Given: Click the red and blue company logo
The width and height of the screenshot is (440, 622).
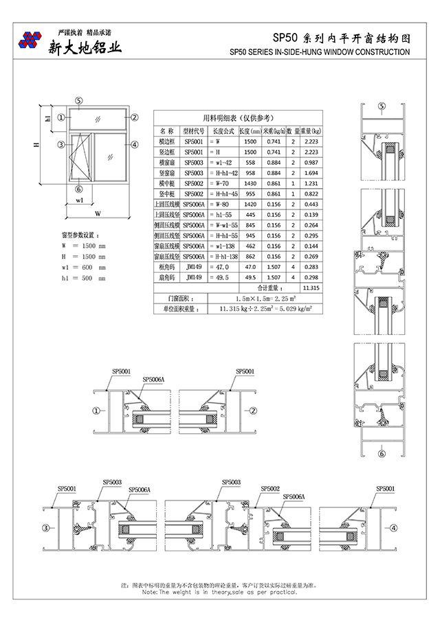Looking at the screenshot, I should tap(30, 40).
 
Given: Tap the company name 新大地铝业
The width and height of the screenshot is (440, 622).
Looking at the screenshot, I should tap(85, 47).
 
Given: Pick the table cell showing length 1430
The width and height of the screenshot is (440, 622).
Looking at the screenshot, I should tap(250, 184).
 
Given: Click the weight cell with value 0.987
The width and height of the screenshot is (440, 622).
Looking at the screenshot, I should tap(311, 162).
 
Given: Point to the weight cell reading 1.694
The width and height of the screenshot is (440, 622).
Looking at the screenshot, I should tap(311, 173).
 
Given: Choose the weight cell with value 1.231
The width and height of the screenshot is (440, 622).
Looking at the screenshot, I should tap(311, 184).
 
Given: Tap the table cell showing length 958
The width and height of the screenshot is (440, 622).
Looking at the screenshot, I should tap(250, 173).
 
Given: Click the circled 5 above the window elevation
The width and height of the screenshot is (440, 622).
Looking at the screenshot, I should tap(79, 100).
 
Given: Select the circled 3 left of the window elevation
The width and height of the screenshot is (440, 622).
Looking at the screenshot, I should tap(61, 144).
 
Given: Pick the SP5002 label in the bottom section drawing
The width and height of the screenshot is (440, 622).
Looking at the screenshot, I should tap(269, 488).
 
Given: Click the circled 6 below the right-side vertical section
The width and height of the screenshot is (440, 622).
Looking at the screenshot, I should tap(382, 453).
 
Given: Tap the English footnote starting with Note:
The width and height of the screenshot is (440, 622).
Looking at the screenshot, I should tap(220, 592).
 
